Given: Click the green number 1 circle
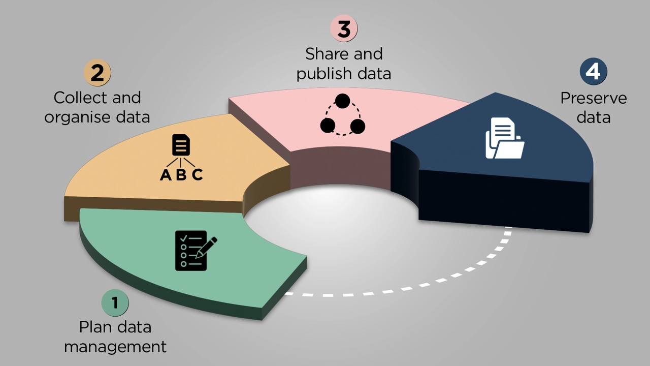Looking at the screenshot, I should click(115, 303).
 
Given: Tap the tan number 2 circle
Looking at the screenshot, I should click(97, 73).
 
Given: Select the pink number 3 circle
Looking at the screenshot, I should click(344, 29).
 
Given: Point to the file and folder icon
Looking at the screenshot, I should click(504, 138).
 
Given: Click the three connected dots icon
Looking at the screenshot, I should click(343, 115).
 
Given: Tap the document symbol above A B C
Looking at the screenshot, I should click(181, 145).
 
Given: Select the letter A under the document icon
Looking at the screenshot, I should click(166, 175).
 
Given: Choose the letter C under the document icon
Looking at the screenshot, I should click(198, 175).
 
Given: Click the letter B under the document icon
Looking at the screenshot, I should click(182, 175).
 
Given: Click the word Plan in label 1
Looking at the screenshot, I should click(94, 327).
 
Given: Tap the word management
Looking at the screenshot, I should click(115, 347).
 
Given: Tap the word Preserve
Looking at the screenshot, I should click(593, 98).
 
